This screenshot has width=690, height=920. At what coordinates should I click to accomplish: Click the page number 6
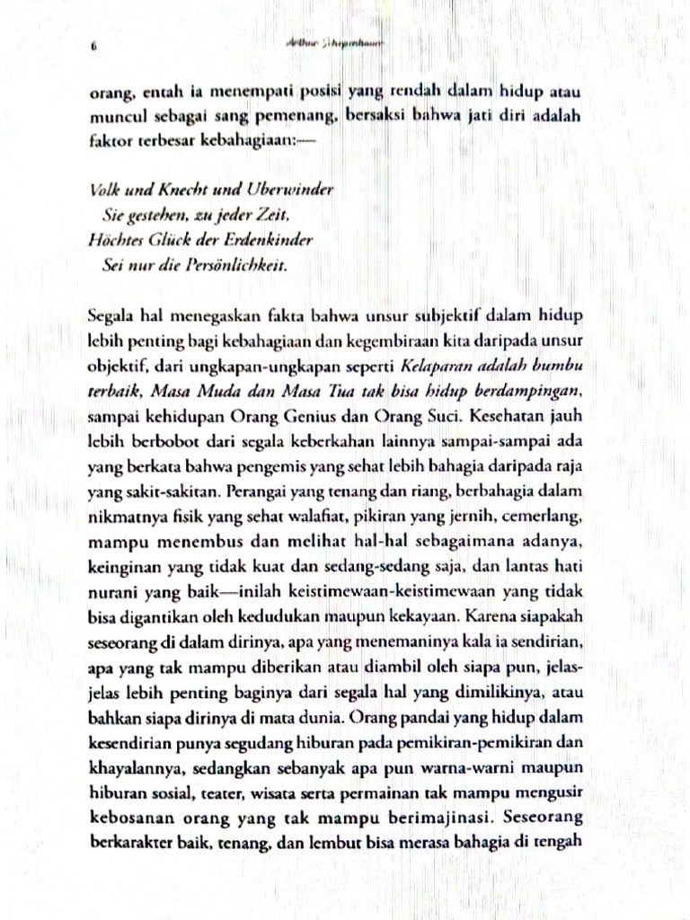click(93, 50)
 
